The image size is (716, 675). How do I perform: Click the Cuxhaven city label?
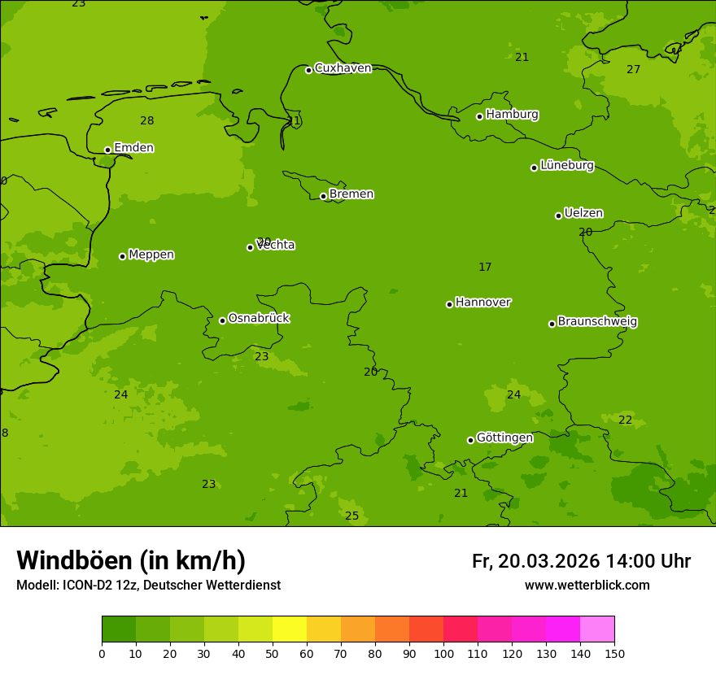point(343,68)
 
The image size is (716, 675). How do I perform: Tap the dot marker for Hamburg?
point(480,116)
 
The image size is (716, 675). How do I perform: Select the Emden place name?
point(133,148)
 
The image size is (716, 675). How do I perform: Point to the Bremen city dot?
point(323,196)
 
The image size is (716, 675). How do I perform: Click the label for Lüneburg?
point(566,165)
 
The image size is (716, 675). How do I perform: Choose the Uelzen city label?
point(583,213)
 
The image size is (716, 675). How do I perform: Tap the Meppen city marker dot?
point(123,256)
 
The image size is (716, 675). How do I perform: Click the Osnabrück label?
point(259,318)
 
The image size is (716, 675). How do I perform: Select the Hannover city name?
point(482,303)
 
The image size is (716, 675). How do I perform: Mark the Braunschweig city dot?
point(552,324)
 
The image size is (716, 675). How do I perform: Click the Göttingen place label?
point(504,438)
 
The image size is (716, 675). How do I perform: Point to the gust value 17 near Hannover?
point(485,268)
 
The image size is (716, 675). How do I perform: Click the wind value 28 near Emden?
point(146,121)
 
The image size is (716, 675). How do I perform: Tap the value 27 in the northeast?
point(633,70)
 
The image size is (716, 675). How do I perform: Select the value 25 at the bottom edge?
point(351,516)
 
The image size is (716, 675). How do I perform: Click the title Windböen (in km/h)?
point(131,560)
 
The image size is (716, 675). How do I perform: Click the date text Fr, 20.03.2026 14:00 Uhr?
point(581,561)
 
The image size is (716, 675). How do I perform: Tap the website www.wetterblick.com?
point(587,586)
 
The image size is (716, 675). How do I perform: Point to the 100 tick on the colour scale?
point(443,652)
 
